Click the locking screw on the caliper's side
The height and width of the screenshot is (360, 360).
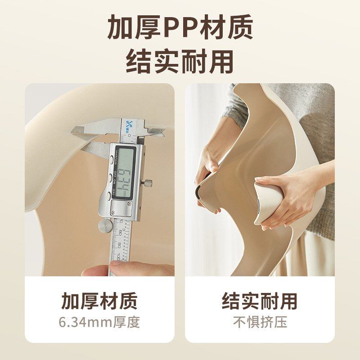pos(148,183)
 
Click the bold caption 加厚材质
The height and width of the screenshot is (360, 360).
pos(99,301)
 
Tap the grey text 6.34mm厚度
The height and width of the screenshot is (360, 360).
pos(99,322)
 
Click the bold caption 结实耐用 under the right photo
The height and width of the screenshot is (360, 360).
pos(260,301)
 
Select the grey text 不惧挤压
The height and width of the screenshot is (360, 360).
pos(260,322)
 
